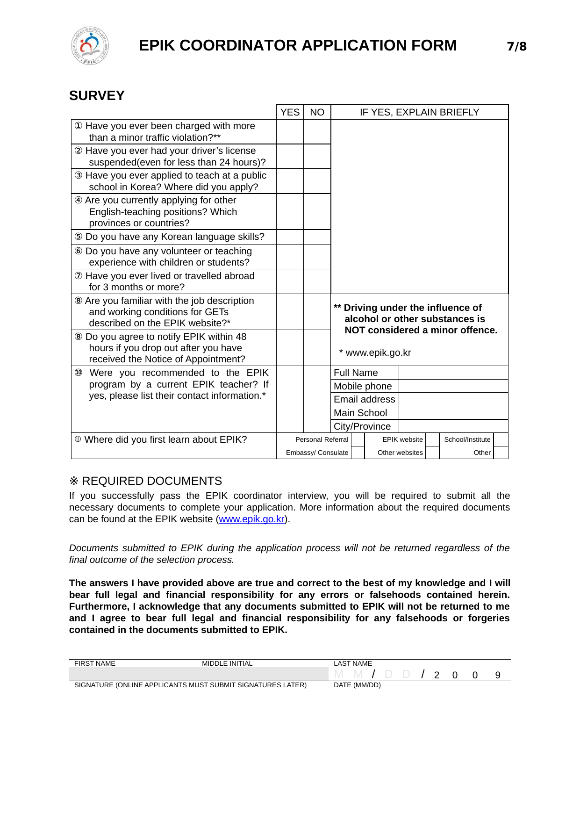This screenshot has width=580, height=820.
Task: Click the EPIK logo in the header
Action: click(x=90, y=46)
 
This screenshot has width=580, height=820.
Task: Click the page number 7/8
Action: click(x=516, y=46)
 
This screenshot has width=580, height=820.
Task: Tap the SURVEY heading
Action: click(x=97, y=95)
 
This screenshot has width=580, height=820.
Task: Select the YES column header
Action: click(x=290, y=112)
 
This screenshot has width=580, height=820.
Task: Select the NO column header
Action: click(x=317, y=112)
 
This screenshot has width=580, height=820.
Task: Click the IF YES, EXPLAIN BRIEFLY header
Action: click(x=419, y=112)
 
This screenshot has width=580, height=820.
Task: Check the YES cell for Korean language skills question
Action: click(x=290, y=237)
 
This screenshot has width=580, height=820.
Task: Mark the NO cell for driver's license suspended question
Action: click(x=317, y=156)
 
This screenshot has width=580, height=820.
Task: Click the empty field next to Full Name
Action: click(x=453, y=373)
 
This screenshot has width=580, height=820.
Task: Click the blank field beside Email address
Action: click(x=453, y=399)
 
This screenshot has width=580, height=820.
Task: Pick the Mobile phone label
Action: click(x=363, y=386)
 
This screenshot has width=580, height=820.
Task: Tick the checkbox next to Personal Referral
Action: click(x=358, y=439)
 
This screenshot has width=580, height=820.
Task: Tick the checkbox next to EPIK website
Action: click(x=432, y=439)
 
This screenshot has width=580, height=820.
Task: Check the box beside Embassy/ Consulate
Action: click(x=358, y=453)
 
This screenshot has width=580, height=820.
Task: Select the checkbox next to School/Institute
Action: click(x=501, y=439)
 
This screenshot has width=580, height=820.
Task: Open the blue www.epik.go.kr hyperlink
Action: click(x=251, y=519)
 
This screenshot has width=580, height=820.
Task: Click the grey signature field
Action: click(x=199, y=674)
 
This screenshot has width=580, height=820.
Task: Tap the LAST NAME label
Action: click(x=353, y=663)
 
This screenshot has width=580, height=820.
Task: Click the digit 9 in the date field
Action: click(x=498, y=675)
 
